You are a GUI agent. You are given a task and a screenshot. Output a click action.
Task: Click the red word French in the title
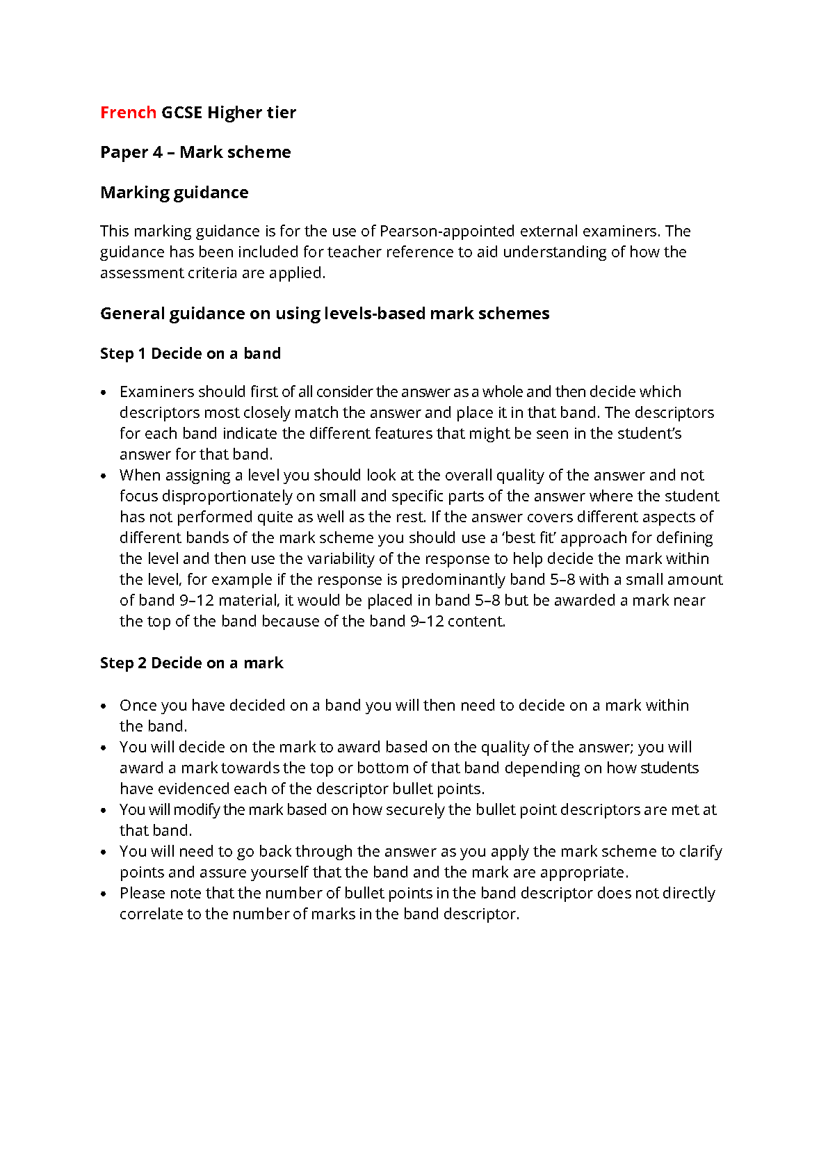tap(128, 113)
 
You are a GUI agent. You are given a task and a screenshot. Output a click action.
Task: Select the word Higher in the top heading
tap(235, 113)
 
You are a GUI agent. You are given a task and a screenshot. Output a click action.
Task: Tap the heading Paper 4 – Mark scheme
tap(195, 152)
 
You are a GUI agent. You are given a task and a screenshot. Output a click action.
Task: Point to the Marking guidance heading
tap(174, 193)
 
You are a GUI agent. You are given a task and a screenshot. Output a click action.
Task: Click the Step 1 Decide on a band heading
tap(190, 354)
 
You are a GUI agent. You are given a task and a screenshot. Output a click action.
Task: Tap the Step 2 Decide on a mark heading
tap(191, 663)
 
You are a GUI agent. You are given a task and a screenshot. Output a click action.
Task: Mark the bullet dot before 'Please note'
tap(104, 894)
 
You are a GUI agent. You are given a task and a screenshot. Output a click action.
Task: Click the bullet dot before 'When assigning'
tap(104, 476)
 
